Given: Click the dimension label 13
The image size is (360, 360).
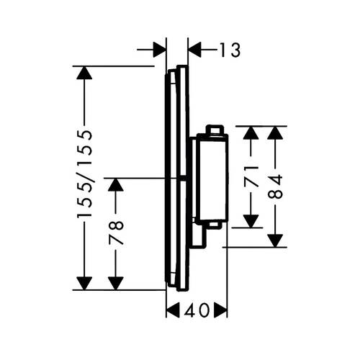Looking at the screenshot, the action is (x=230, y=50).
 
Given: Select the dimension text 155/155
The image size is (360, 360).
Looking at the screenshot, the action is (x=84, y=174).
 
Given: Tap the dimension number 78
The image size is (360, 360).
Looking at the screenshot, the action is (x=116, y=233).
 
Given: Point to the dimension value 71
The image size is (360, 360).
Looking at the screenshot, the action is (x=251, y=176).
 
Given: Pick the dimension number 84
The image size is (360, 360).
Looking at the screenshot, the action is (x=275, y=186).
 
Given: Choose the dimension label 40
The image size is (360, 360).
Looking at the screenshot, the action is (x=197, y=310).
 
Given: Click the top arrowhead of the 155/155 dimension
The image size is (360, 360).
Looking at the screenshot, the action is (x=84, y=72).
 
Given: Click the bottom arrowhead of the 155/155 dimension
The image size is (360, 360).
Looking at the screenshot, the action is (x=84, y=284).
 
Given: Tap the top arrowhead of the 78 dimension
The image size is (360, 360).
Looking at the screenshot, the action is (x=116, y=185).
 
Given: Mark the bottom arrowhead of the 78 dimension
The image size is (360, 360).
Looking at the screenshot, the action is (x=116, y=284).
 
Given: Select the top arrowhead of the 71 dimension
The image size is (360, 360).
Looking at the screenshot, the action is (x=251, y=132).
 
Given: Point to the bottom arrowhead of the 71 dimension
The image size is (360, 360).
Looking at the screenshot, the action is (x=251, y=221).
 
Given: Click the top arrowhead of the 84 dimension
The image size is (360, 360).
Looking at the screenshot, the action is (x=275, y=132).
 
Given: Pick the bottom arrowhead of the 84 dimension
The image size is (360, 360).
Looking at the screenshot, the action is (x=275, y=240).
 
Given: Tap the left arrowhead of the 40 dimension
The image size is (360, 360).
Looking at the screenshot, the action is (x=173, y=310).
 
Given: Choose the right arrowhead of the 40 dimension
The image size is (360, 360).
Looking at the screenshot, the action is (x=220, y=310).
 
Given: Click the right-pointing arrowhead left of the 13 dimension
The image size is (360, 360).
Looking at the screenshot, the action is (x=160, y=50).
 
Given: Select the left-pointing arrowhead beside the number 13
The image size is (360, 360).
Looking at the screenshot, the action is (x=194, y=50).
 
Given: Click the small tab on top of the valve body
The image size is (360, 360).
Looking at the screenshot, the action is (x=215, y=130).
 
